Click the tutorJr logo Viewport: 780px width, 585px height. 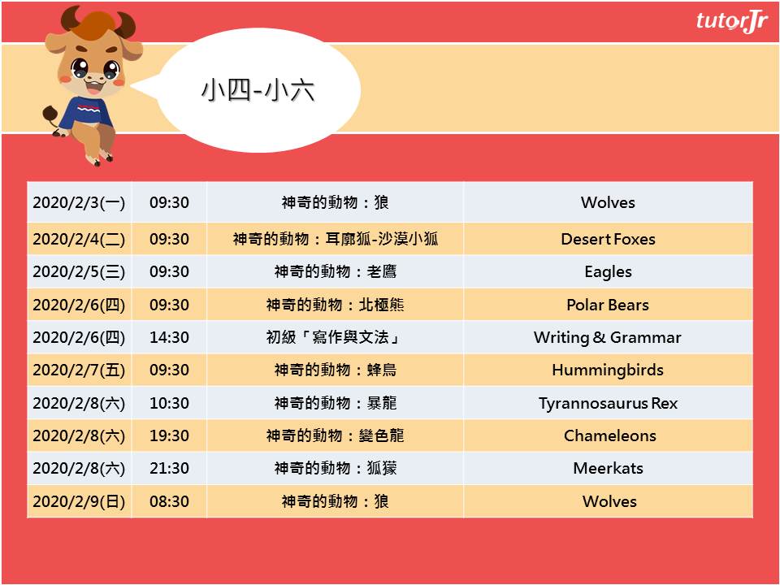pos(732,22)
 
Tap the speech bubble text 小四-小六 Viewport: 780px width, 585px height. pos(258,90)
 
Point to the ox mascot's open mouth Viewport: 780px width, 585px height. pos(95,87)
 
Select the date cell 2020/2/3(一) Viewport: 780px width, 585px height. pos(79,202)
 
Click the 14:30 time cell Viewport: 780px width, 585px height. pos(169,337)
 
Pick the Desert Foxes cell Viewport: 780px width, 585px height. pos(608,239)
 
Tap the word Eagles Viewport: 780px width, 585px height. pos(608,272)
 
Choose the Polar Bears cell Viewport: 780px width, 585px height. pos(608,305)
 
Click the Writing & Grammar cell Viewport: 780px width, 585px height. pos(608,337)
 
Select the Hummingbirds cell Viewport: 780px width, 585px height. pos(608,370)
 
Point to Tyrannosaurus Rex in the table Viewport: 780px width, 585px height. pos(608,403)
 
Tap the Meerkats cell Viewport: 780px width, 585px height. pos(608,468)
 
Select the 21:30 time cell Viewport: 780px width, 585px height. pos(169,468)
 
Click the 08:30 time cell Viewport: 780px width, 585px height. pos(169,501)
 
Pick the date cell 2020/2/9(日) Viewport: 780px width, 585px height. pos(79,501)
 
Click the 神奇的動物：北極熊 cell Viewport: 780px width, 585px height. pos(335,305)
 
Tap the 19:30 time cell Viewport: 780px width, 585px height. pos(169,435)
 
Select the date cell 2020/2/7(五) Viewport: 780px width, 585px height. pos(79,370)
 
